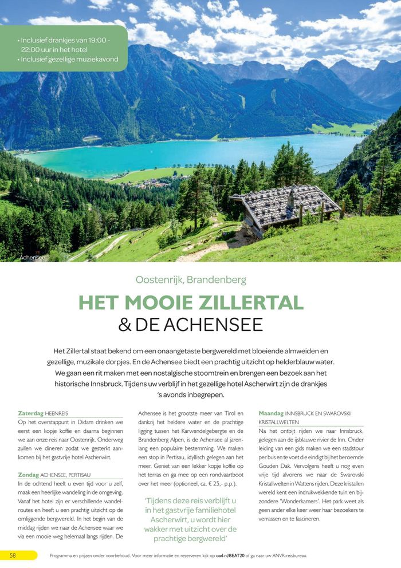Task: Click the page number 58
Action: coord(12,555)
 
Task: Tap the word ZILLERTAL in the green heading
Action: coord(246,302)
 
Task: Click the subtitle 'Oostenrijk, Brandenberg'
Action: coord(191,280)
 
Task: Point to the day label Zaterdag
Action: coord(31,413)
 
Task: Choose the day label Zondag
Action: coord(29,475)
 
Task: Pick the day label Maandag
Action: coord(271,413)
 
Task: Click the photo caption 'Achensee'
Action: coord(32,258)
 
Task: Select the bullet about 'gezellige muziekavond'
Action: coord(69,59)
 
